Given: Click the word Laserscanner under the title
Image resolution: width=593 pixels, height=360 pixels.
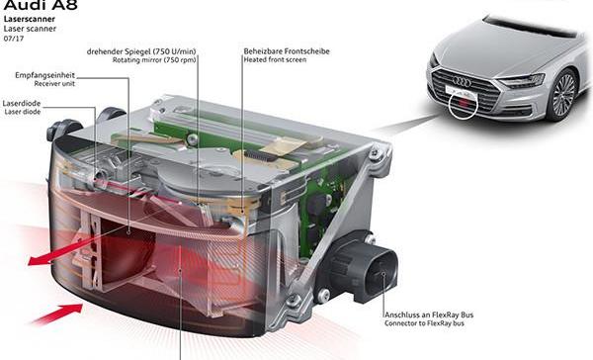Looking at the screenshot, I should (30, 21).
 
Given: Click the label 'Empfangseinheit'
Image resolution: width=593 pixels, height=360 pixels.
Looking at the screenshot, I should (45, 75).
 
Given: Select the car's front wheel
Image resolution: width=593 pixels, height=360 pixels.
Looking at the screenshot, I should (564, 94).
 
